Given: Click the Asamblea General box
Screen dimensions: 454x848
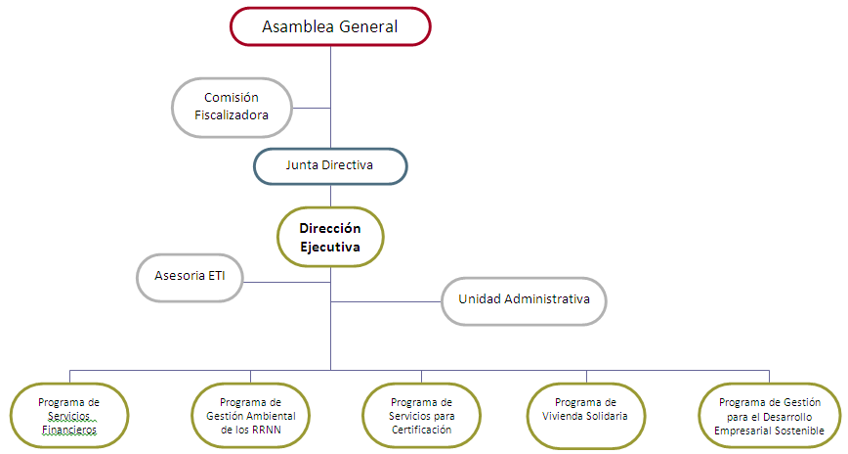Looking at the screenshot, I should tap(330, 26).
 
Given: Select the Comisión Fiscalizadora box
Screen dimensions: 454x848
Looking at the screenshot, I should tap(232, 107).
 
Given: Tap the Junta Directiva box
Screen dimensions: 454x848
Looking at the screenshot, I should tap(330, 165).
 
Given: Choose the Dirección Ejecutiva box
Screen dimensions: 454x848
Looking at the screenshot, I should tap(330, 238).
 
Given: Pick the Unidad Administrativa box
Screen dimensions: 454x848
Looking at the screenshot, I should tap(524, 299).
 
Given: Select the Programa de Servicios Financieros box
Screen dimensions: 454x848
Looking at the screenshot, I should tap(68, 416).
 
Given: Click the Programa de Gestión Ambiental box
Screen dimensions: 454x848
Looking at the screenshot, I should tap(251, 416).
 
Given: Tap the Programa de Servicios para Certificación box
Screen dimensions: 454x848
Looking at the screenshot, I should tap(421, 416).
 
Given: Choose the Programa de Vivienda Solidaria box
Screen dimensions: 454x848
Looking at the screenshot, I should tap(586, 416).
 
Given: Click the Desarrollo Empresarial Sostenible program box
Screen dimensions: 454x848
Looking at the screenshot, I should tap(770, 416).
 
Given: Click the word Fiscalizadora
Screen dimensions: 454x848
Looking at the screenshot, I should tap(232, 115).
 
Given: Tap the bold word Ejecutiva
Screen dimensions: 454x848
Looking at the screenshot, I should tap(330, 248).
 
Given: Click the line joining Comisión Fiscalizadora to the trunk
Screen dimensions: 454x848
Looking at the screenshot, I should tap(312, 108).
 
